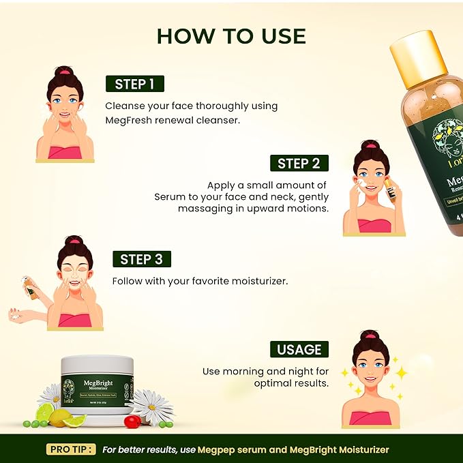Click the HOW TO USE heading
tap(231, 36)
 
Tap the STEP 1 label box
tap(134, 84)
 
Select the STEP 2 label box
tap(299, 163)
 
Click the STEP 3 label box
tap(141, 259)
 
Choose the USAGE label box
tap(299, 350)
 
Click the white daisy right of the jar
tap(151, 405)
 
